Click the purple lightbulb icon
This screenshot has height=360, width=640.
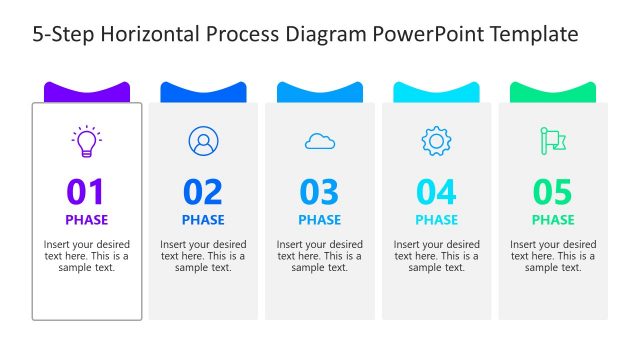(87, 141)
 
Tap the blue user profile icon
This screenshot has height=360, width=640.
(203, 141)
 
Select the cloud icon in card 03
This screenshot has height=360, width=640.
(320, 142)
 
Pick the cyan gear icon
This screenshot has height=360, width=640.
(436, 141)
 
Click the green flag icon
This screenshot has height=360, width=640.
(552, 141)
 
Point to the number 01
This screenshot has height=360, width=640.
(86, 191)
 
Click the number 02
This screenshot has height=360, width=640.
(203, 191)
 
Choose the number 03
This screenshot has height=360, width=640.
(320, 191)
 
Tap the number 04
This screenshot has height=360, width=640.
(436, 191)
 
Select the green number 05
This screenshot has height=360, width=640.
(553, 191)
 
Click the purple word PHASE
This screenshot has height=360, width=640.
(86, 220)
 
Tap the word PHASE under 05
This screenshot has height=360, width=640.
(553, 220)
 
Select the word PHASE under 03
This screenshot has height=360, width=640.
(320, 220)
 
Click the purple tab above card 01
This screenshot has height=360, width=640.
(87, 92)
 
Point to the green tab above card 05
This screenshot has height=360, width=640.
(553, 92)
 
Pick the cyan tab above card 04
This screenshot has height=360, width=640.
(436, 92)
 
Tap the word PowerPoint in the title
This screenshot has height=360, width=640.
(422, 35)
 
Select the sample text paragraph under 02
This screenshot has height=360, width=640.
(203, 256)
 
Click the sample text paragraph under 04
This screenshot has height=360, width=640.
(436, 256)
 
